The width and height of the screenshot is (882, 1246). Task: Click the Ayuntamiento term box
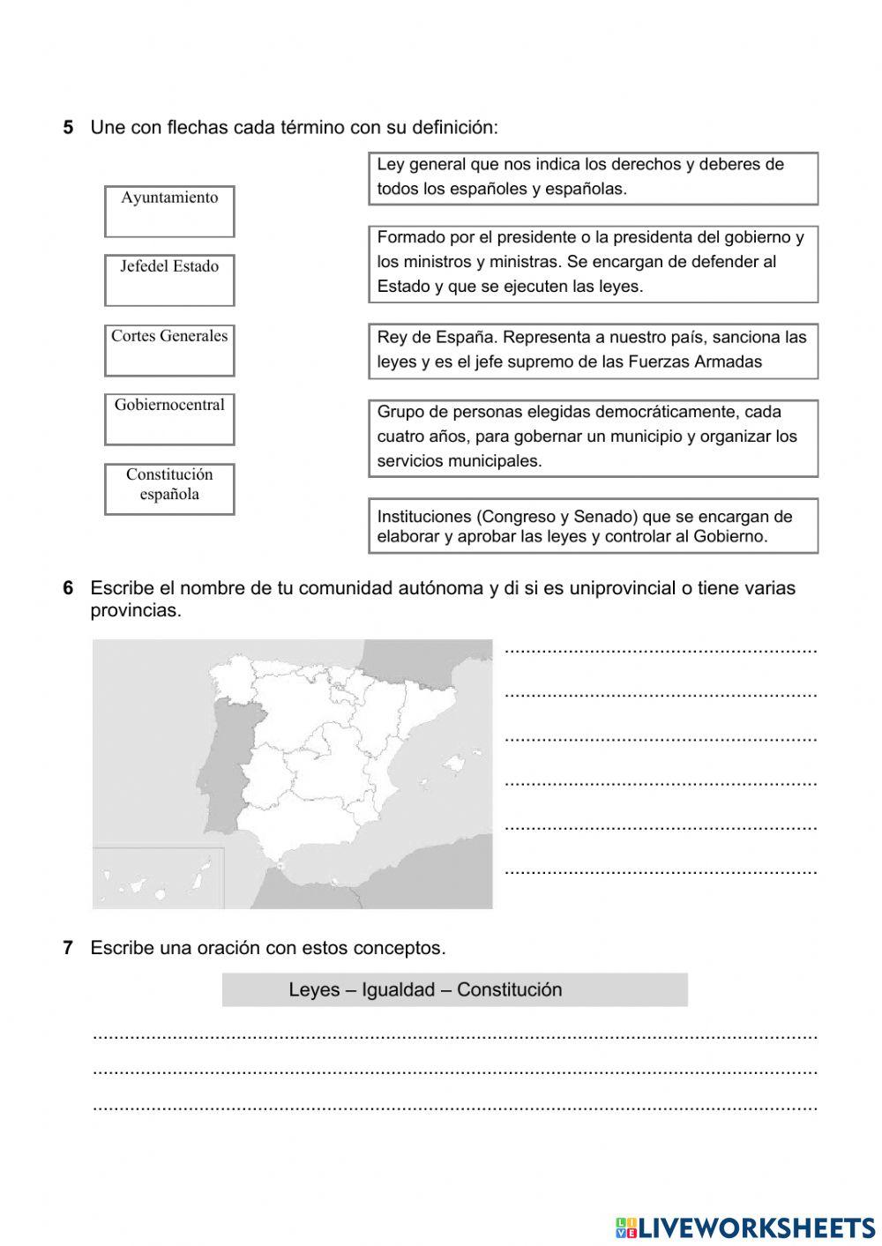click(x=169, y=211)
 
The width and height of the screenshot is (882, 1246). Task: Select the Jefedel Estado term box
click(x=169, y=280)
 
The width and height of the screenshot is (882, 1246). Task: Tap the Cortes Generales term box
click(x=169, y=349)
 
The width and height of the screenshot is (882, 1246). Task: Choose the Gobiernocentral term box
click(x=169, y=419)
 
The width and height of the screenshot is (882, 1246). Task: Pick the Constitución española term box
click(x=169, y=488)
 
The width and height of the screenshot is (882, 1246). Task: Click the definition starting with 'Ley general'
click(x=593, y=177)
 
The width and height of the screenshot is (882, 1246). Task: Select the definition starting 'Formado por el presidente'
click(x=593, y=263)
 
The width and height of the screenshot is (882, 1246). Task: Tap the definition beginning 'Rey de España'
click(x=593, y=350)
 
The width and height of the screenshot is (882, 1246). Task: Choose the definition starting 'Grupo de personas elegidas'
click(x=593, y=437)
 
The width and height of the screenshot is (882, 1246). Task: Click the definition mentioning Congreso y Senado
click(x=593, y=526)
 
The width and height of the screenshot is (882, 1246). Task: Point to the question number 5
click(x=68, y=128)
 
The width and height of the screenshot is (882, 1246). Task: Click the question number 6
click(x=68, y=588)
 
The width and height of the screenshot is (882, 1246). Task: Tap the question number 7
click(x=68, y=948)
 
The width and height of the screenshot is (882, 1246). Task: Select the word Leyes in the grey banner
click(x=314, y=989)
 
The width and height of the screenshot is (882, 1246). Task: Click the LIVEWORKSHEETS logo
click(x=744, y=1227)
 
